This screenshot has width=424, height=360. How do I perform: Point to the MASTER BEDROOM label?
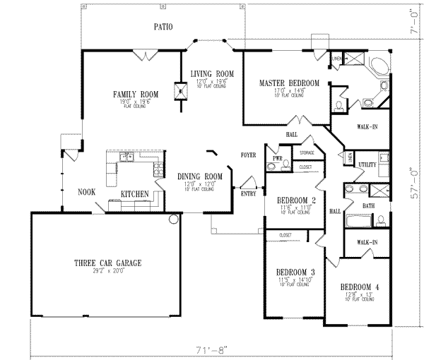tap(289, 83)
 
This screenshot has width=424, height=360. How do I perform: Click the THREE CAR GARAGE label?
tap(108, 263)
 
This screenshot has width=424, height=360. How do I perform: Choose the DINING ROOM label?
tap(199, 176)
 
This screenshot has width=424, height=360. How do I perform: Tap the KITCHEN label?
tap(134, 193)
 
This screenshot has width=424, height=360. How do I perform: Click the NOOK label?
tap(87, 191)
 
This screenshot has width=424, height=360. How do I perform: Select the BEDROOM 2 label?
tap(295, 200)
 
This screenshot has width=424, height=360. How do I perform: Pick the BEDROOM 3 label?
tap(295, 272)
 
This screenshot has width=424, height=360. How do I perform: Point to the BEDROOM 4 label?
tap(360, 287)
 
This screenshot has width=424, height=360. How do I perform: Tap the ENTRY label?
tap(249, 193)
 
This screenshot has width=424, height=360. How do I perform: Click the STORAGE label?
tap(306, 152)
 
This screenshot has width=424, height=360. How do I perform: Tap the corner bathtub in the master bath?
tap(378, 67)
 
